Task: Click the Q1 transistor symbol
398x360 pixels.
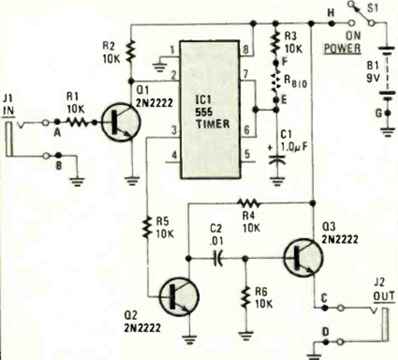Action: pos(120,122)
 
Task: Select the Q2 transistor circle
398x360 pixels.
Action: pos(179,297)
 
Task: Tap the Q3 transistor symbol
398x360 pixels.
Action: pos(303,257)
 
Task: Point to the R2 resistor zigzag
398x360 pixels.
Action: pos(131,52)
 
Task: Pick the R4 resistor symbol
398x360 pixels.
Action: pos(249,203)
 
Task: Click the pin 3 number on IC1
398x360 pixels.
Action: pos(174,131)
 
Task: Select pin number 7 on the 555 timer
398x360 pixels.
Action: pos(246,74)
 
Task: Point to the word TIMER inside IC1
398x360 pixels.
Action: pos(213,124)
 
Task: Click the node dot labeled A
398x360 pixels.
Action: pos(57,122)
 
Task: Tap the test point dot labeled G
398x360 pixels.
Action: pos(387,113)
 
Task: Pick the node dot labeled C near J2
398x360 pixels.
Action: pos(324,308)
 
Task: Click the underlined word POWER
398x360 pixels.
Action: pos(342,48)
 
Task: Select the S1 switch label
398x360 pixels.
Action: pos(373,8)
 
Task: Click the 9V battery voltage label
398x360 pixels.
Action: pos(373,78)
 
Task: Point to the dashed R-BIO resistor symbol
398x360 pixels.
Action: pos(276,82)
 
